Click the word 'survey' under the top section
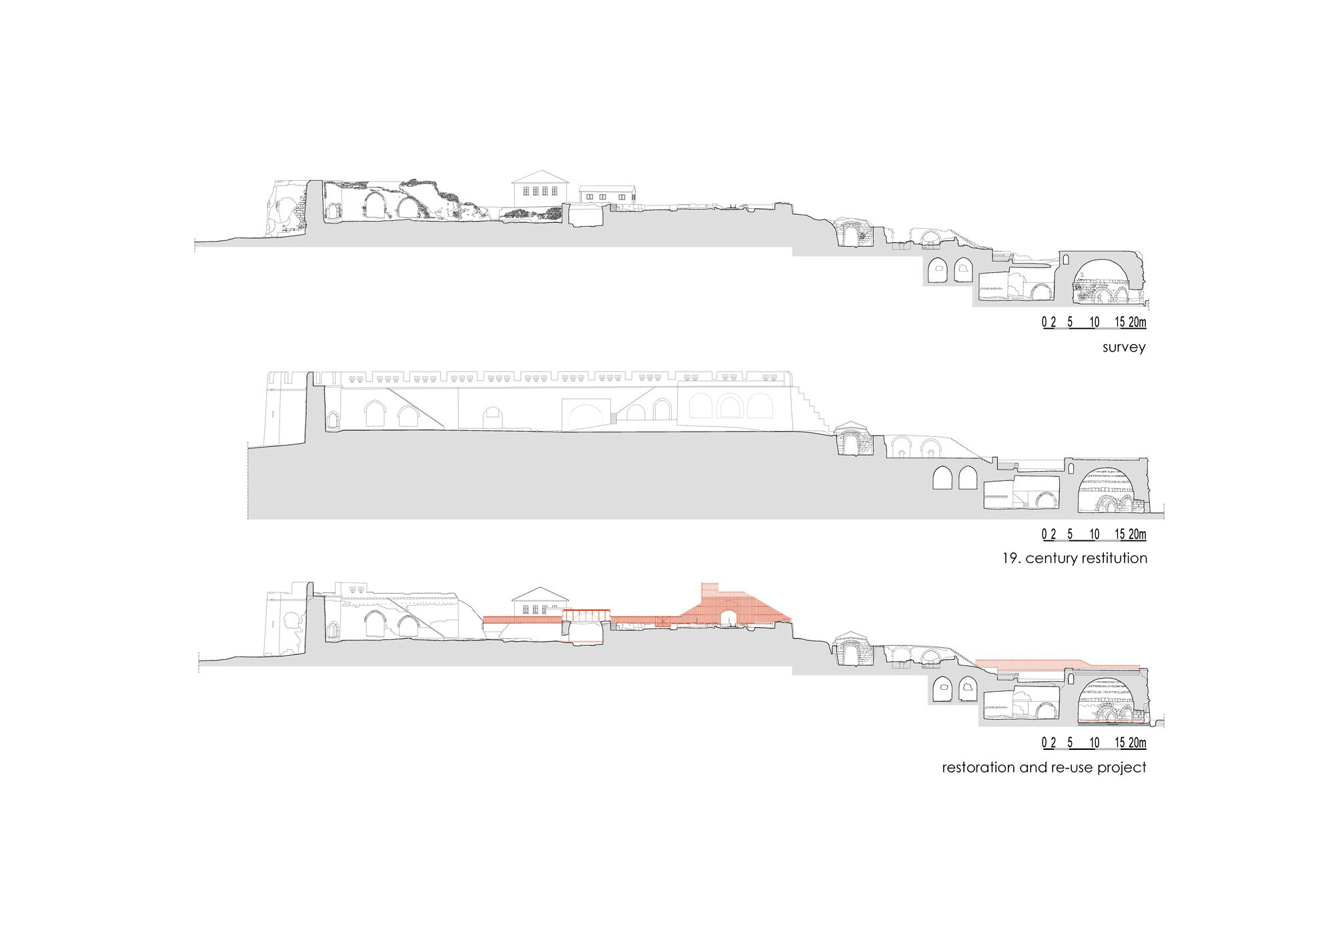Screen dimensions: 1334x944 1124,348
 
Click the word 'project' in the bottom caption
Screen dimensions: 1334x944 1122,768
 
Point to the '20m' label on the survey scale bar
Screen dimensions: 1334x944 1137,322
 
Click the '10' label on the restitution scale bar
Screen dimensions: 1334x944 1094,534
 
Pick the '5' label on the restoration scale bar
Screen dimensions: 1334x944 1070,743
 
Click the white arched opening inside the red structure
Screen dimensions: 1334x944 729,617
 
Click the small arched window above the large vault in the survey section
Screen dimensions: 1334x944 1065,259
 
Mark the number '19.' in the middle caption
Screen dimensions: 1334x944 1011,558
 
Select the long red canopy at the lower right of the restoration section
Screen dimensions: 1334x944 1057,664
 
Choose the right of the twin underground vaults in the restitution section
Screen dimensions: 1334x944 968,478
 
